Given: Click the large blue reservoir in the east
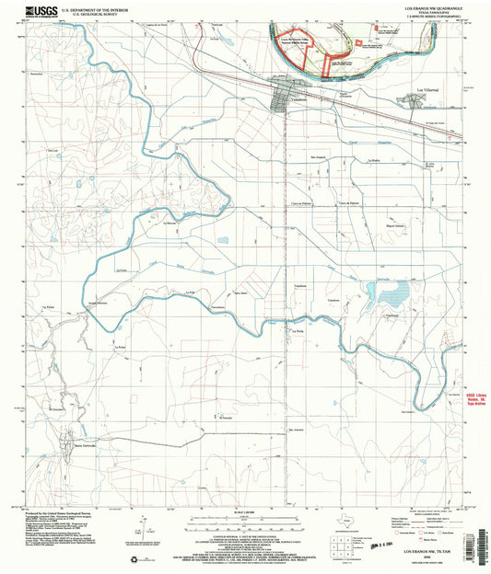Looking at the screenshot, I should click(x=391, y=294).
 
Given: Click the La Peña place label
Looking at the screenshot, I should click(x=273, y=327).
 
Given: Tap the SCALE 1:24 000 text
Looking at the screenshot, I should click(x=246, y=511).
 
